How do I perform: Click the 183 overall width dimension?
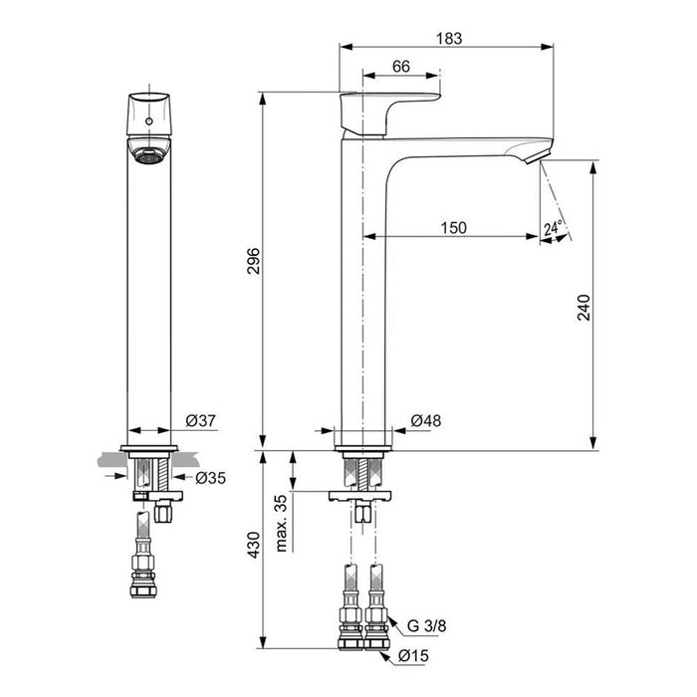(x=447, y=38)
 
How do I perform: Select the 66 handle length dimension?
(x=399, y=66)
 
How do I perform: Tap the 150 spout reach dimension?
(x=453, y=228)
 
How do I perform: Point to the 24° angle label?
(x=554, y=228)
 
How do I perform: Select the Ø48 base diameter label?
(x=425, y=421)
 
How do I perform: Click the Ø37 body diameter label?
(x=201, y=421)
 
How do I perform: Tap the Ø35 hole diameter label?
(x=210, y=478)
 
